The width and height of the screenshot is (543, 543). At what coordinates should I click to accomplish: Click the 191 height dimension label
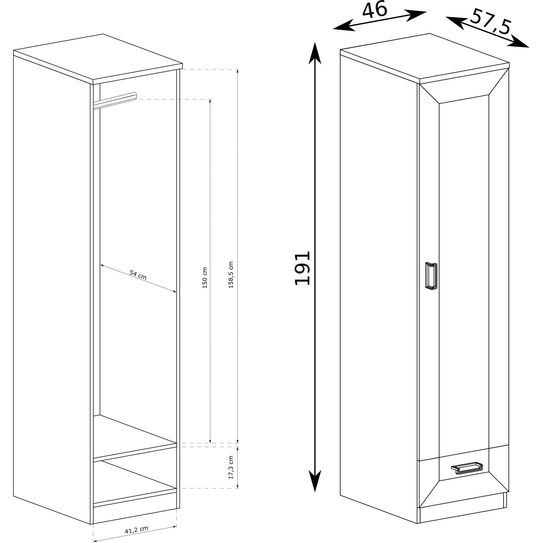tap(302, 268)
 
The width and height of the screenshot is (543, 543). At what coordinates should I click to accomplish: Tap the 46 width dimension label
tap(375, 10)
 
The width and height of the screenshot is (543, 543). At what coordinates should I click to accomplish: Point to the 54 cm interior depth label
tap(138, 275)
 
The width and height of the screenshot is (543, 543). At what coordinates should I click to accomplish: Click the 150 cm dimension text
tap(205, 278)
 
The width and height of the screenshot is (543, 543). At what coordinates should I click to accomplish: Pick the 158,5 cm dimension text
tap(231, 275)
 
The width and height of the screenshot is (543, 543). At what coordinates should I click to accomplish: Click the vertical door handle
tap(431, 276)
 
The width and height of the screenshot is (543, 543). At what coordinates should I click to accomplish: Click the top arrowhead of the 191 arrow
tap(315, 53)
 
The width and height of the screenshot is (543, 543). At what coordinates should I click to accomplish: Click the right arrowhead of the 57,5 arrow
tap(519, 42)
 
